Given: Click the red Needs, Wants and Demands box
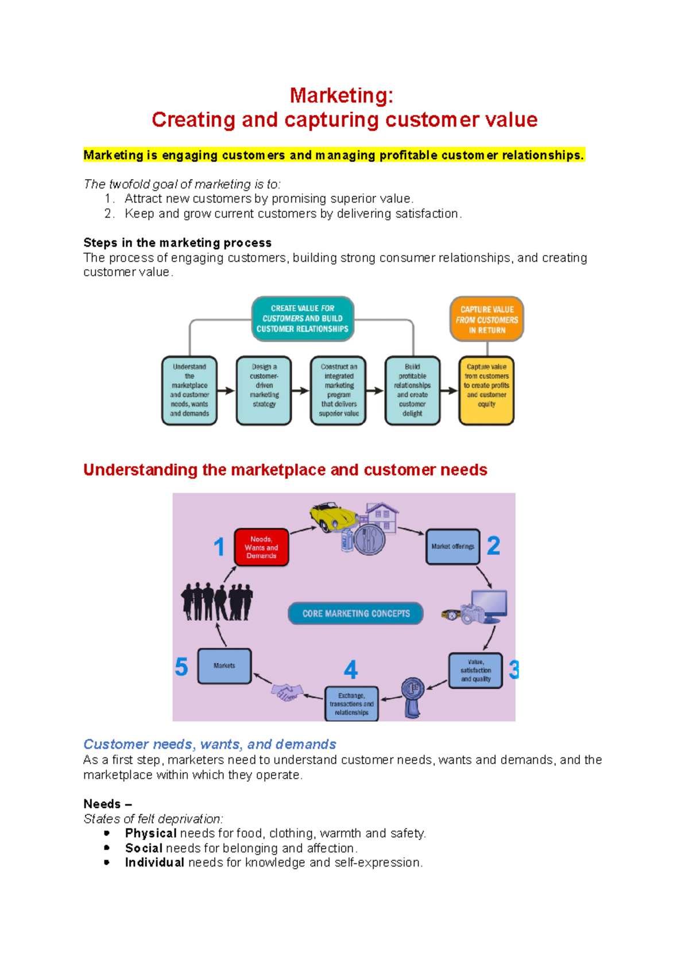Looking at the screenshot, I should [261, 547].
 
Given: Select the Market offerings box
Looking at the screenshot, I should [452, 547].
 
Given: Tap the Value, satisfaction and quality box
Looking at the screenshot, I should [475, 671].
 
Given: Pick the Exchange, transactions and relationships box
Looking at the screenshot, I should [351, 704].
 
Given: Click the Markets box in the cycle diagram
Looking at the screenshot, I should [224, 666].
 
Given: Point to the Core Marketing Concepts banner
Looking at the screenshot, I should [355, 613].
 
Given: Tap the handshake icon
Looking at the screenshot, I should [287, 691].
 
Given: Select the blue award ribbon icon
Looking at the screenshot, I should [413, 697].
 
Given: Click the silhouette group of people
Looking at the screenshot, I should [216, 602].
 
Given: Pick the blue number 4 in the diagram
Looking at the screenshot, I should [350, 670].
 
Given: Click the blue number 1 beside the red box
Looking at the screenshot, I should [219, 547].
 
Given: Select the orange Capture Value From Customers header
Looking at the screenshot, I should [487, 319].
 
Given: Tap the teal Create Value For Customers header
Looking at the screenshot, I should [303, 319].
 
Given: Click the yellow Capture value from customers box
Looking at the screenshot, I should [486, 390].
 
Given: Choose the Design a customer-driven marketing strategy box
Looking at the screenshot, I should [264, 390].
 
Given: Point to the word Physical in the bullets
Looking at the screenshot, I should [150, 833].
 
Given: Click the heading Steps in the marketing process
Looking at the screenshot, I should [177, 242].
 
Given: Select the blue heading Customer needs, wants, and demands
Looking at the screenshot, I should [210, 744].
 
